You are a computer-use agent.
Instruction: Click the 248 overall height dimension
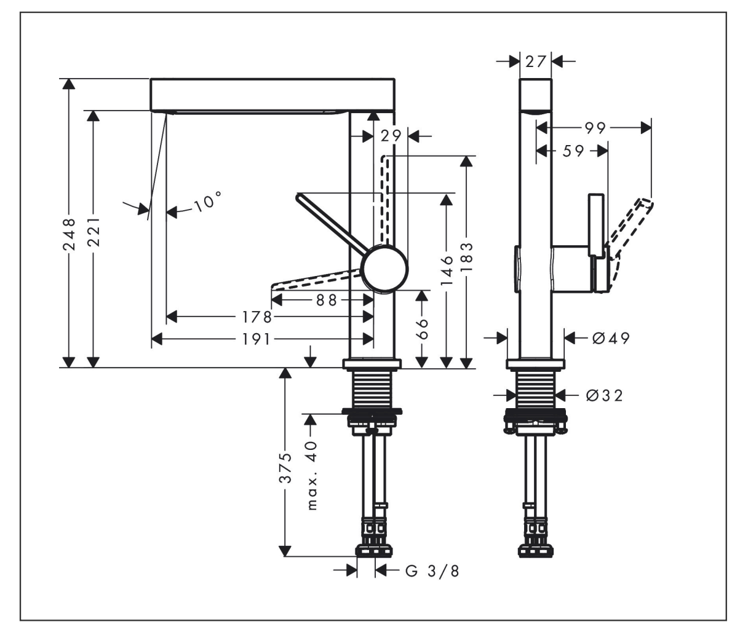click(x=70, y=234)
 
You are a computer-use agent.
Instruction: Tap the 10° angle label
click(x=207, y=202)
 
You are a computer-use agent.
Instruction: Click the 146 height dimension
click(x=447, y=269)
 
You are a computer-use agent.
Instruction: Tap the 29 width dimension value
click(x=391, y=136)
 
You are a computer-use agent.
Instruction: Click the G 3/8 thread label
click(x=432, y=571)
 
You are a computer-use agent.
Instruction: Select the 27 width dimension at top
click(x=536, y=61)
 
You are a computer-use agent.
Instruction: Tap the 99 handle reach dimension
click(x=595, y=128)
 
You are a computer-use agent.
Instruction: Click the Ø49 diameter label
click(x=611, y=337)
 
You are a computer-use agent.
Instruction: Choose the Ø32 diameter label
click(x=605, y=395)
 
